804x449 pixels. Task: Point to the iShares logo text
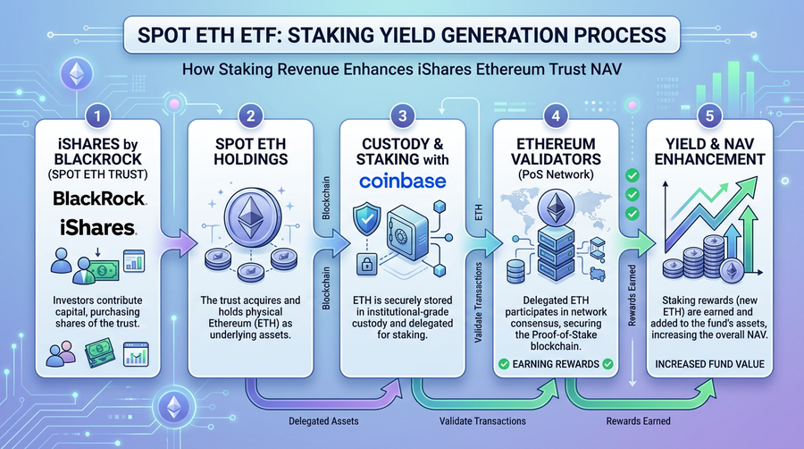(88, 227)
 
